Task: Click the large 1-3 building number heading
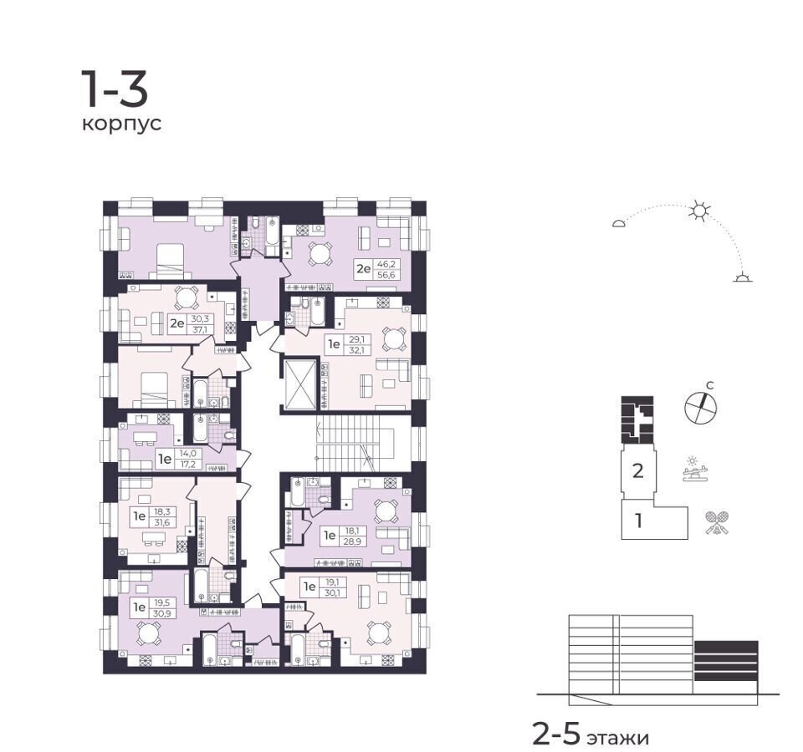coord(115,89)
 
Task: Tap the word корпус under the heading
coord(122,124)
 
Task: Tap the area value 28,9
coord(352,541)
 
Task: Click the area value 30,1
coord(332,593)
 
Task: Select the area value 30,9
coord(161,612)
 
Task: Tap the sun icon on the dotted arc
coord(699,211)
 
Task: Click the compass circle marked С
coord(701,407)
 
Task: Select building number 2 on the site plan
coord(637,470)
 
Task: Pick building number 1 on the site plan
coord(638,521)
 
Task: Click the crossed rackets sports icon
coord(717,522)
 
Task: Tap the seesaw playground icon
coord(696,469)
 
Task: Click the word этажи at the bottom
coord(617,738)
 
